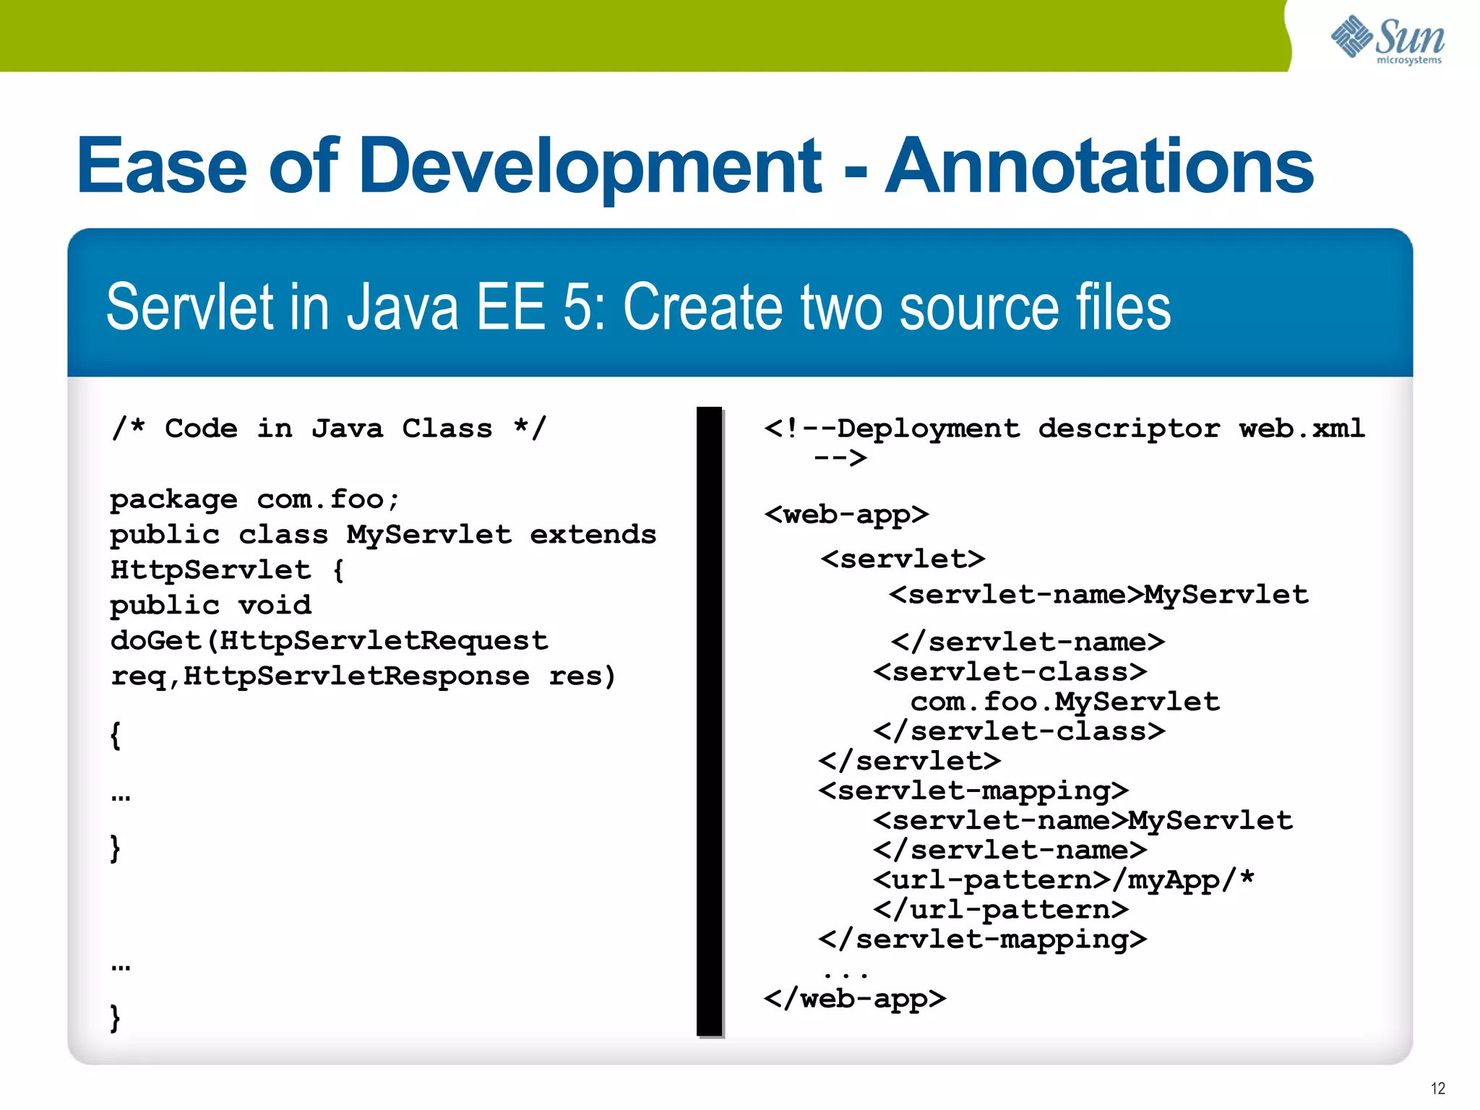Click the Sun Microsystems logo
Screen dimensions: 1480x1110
pos(1387,40)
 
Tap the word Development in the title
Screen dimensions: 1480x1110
pos(590,168)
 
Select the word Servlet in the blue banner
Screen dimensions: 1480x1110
pos(190,307)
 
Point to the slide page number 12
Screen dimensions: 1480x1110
pos(1437,1088)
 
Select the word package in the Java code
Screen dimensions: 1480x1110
pos(173,500)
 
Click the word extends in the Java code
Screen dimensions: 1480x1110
pos(593,535)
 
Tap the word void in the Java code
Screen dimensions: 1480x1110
pos(275,606)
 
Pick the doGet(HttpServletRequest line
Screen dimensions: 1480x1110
pos(329,641)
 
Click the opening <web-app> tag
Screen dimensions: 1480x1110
pos(846,515)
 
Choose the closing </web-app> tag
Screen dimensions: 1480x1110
pos(855,999)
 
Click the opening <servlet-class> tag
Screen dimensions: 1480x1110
pos(1010,672)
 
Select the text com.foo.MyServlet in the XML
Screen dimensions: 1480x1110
pos(1064,702)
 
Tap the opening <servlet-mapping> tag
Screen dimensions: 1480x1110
pos(973,791)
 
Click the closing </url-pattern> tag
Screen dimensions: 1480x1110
pos(1001,909)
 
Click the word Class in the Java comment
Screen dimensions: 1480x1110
pos(447,429)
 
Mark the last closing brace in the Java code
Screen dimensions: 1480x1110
pos(115,1017)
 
